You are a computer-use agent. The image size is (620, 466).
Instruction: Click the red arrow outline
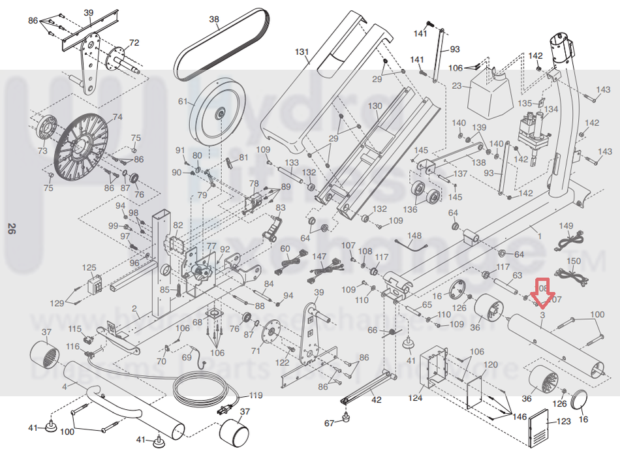point(542,292)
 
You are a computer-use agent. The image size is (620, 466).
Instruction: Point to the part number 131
point(301,52)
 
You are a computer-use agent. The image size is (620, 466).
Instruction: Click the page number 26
point(12,229)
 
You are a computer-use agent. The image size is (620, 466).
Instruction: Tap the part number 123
point(565,423)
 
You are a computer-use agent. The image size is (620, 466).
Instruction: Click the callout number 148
point(414,235)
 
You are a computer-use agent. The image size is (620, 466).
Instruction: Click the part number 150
point(572,262)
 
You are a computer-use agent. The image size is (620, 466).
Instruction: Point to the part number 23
point(457,85)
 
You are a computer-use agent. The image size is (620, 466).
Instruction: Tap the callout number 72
point(134,44)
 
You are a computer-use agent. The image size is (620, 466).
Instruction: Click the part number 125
point(89,268)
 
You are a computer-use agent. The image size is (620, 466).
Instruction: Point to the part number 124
point(416,397)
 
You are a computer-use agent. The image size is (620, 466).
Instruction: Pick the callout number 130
point(375,106)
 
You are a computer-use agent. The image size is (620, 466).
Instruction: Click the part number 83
point(281,208)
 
